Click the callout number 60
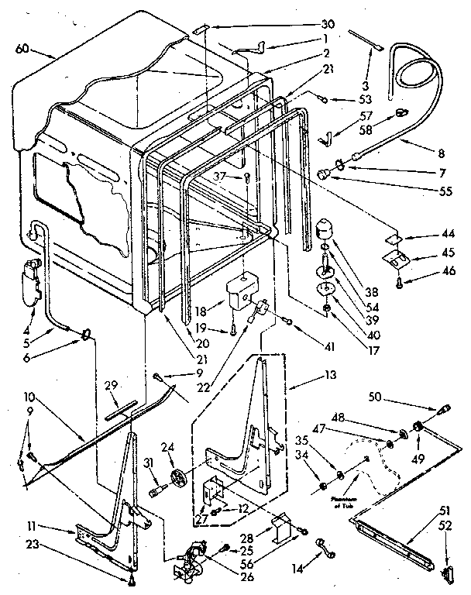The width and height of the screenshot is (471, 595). click(24, 50)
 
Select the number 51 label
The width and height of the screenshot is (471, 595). click(444, 511)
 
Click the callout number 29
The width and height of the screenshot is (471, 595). click(112, 385)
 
